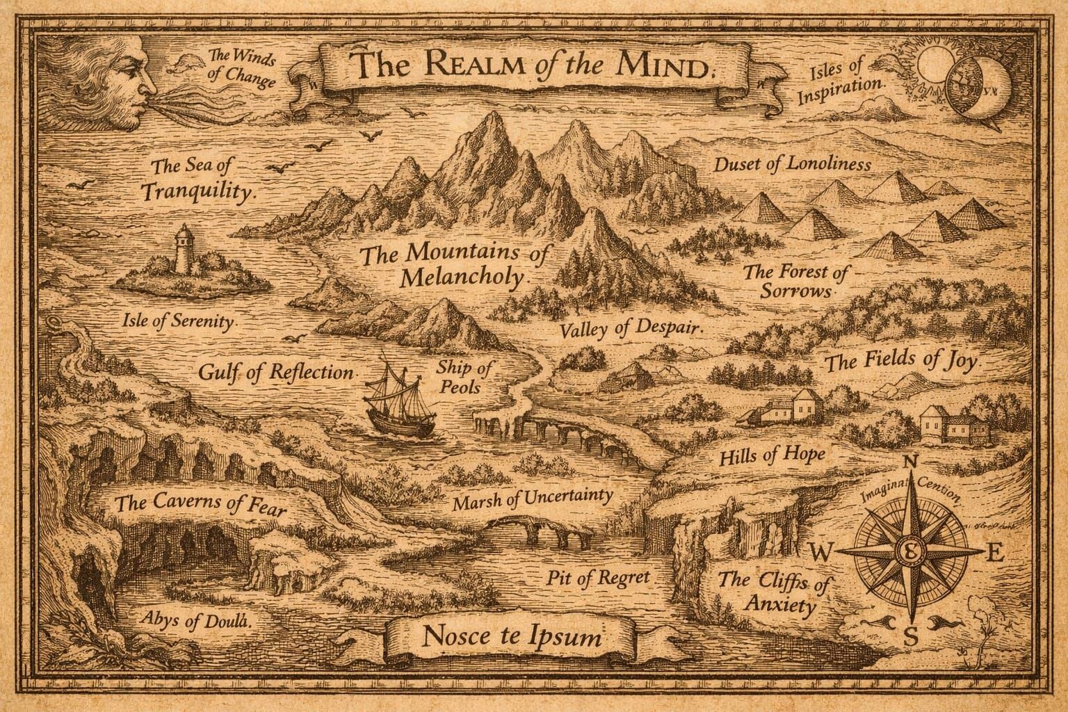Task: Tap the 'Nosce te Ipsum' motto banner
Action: [511, 636]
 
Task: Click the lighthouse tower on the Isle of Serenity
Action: [184, 248]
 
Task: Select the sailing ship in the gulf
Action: [400, 404]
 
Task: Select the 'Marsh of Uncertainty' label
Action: [533, 497]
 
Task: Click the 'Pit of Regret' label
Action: [597, 577]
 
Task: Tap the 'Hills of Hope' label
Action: [772, 455]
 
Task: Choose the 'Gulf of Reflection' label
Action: [276, 373]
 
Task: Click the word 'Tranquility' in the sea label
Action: [197, 191]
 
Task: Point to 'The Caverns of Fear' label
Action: [200, 504]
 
